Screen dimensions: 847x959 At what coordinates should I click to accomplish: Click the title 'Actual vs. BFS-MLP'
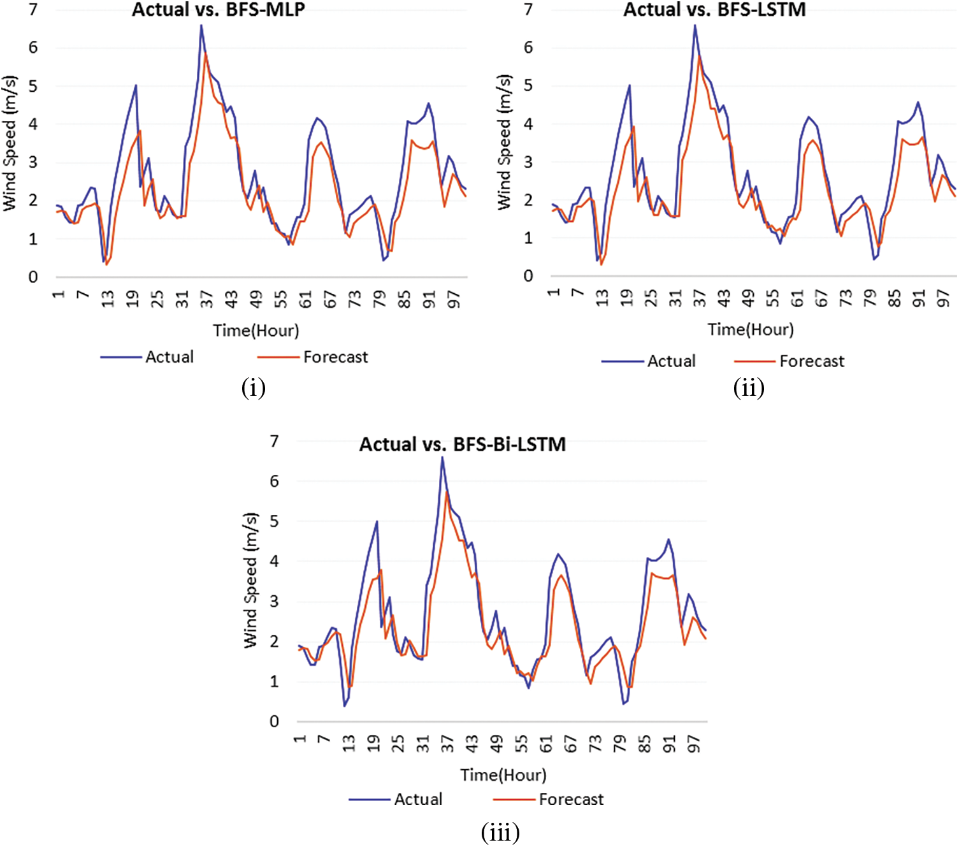point(218,10)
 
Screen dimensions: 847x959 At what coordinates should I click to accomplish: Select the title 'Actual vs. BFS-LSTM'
point(714,10)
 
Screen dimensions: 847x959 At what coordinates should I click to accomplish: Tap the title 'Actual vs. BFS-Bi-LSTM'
point(462,444)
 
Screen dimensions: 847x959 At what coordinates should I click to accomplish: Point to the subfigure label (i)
point(253,387)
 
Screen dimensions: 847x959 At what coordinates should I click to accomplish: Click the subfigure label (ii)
point(748,387)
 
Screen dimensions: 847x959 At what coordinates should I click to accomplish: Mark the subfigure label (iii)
point(500,832)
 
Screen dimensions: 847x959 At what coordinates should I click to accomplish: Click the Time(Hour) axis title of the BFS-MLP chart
point(256,331)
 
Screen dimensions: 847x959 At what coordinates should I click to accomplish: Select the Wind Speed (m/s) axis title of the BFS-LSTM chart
point(504,142)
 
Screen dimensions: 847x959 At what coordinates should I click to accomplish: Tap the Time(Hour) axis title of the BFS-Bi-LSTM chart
point(503,775)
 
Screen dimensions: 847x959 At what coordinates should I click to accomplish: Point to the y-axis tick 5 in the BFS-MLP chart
point(33,86)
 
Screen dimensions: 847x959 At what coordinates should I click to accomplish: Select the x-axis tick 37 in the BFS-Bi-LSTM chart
point(447,743)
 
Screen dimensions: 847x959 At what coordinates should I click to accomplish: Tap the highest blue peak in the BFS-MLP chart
point(201,25)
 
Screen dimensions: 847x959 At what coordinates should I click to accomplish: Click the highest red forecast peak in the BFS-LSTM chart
point(700,56)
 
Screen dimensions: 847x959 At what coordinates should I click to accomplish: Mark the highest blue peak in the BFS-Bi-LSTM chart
point(442,458)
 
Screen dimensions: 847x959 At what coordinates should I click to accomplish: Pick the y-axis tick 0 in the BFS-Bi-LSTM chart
point(275,721)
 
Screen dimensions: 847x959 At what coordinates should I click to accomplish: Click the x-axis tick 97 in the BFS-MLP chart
point(454,298)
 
